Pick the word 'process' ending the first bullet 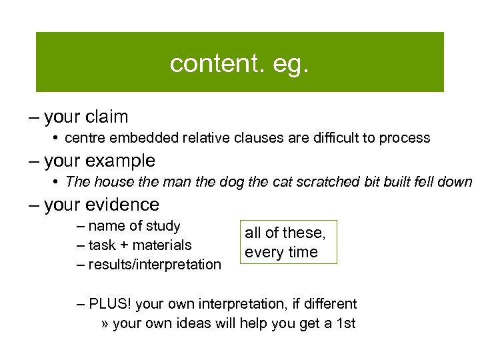tap(405, 138)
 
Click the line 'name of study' tap(134, 226)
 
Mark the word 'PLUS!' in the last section tap(109, 304)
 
